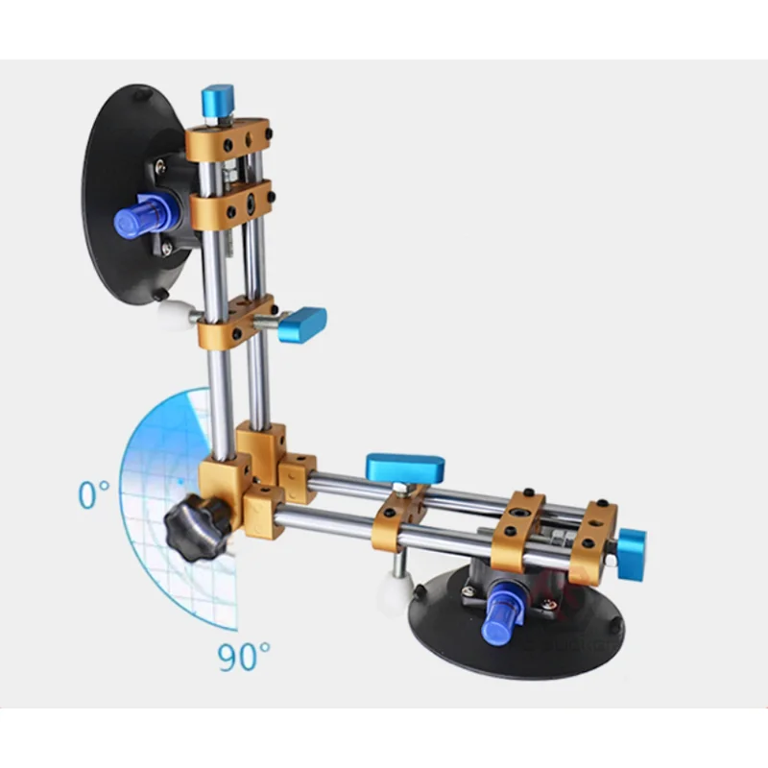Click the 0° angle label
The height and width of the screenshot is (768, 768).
point(94,494)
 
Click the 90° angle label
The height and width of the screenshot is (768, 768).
point(244,657)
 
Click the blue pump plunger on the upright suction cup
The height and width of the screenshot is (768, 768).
point(142,215)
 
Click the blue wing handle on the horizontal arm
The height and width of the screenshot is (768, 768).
point(405,468)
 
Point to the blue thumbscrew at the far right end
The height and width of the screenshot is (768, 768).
point(632,554)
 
